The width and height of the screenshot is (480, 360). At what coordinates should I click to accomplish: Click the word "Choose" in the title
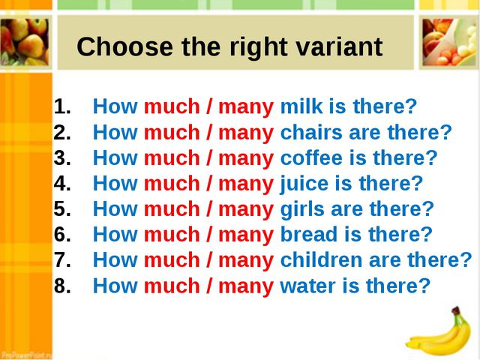pyautogui.click(x=124, y=46)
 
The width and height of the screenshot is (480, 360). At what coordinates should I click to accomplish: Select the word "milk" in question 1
pyautogui.click(x=301, y=106)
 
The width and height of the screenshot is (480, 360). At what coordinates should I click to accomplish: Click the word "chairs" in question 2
pyautogui.click(x=311, y=132)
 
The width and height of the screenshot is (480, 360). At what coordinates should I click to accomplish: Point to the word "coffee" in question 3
pyautogui.click(x=311, y=157)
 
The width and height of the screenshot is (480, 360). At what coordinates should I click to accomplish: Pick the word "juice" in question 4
pyautogui.click(x=304, y=184)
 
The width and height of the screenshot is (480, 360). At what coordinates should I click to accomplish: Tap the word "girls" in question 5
pyautogui.click(x=302, y=210)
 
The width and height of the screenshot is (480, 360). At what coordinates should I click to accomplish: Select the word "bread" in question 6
pyautogui.click(x=309, y=235)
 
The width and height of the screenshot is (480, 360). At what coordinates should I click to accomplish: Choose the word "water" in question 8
pyautogui.click(x=308, y=286)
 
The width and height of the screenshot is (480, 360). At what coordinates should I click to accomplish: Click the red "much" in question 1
pyautogui.click(x=172, y=106)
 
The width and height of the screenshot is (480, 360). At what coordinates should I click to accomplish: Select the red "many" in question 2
pyautogui.click(x=246, y=133)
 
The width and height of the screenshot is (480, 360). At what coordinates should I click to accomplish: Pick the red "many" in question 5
pyautogui.click(x=246, y=211)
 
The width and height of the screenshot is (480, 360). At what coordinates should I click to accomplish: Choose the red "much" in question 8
pyautogui.click(x=172, y=286)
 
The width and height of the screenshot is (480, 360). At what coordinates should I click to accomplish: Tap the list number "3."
pyautogui.click(x=62, y=157)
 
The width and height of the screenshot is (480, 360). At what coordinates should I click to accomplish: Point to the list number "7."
pyautogui.click(x=62, y=260)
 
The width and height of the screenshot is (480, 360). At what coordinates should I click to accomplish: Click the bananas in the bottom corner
pyautogui.click(x=439, y=332)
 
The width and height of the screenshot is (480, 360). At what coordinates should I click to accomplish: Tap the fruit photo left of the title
pyautogui.click(x=25, y=42)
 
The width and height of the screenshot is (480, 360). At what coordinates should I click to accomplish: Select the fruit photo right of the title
pyautogui.click(x=448, y=42)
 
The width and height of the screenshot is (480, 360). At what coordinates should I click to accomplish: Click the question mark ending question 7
pyautogui.click(x=466, y=259)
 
